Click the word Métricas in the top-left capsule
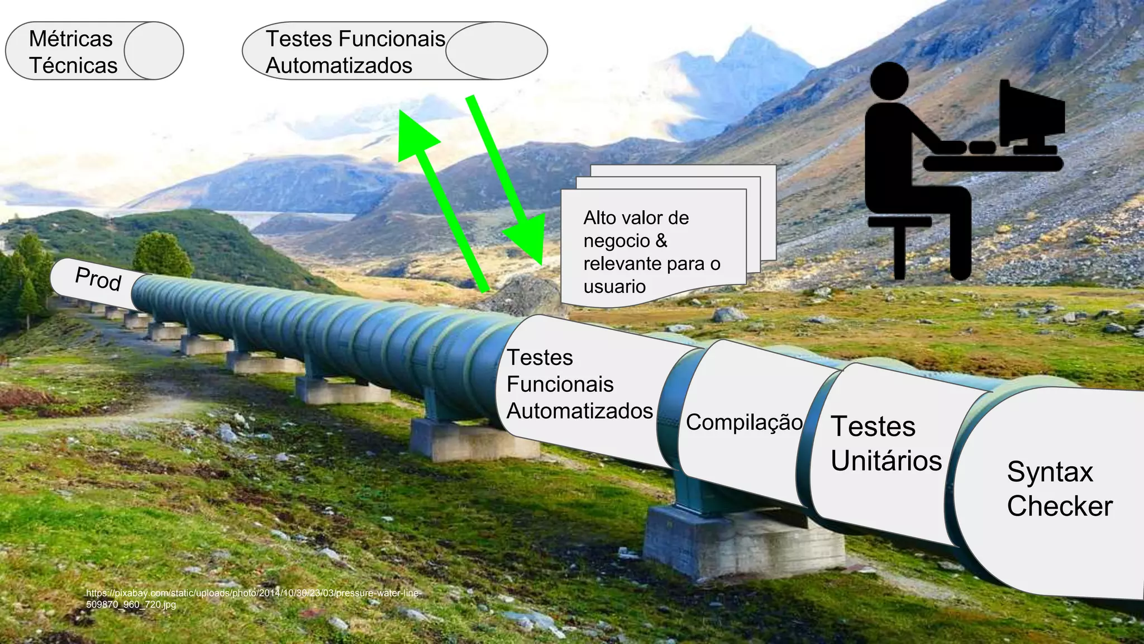pyautogui.click(x=71, y=39)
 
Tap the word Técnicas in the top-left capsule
pyautogui.click(x=73, y=65)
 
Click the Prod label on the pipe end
pyautogui.click(x=98, y=278)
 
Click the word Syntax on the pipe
pyautogui.click(x=1050, y=472)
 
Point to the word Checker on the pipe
pyautogui.click(x=1060, y=506)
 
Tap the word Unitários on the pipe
pyautogui.click(x=886, y=461)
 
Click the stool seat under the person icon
pyautogui.click(x=899, y=222)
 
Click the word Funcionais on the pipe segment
pyautogui.click(x=560, y=384)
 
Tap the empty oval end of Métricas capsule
pyautogui.click(x=154, y=51)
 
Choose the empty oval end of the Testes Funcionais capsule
pyautogui.click(x=496, y=51)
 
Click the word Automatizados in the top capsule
pyautogui.click(x=339, y=65)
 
